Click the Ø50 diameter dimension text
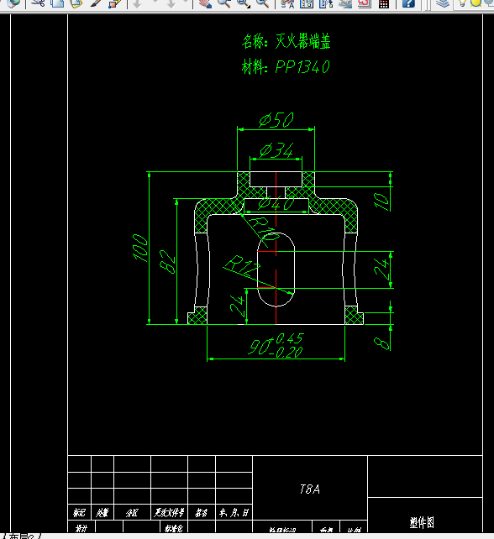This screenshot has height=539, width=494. [x=276, y=120]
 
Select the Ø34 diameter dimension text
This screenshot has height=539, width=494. [x=276, y=151]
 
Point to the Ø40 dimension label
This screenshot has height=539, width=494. [x=276, y=204]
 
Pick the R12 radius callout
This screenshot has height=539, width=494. [x=242, y=268]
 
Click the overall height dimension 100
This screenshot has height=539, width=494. [x=140, y=248]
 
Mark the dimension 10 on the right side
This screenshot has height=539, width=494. [x=381, y=201]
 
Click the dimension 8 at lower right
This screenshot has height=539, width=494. [x=382, y=342]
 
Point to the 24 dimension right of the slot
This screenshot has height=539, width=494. [x=382, y=269]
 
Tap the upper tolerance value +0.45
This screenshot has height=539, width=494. [x=289, y=338]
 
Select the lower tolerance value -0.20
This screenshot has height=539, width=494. [x=288, y=352]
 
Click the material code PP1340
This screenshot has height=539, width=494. [x=302, y=67]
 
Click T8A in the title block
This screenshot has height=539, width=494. [x=310, y=489]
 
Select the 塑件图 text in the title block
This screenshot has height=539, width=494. [x=422, y=522]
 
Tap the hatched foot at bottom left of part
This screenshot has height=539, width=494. [x=198, y=316]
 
